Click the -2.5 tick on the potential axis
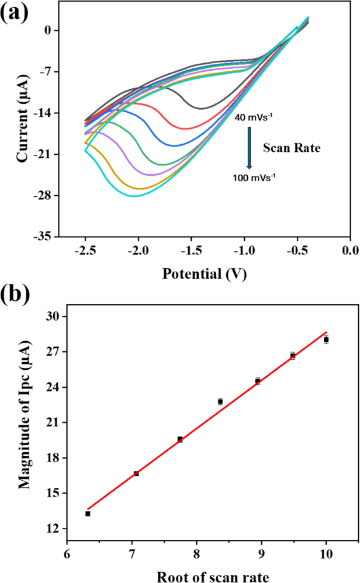(x=85, y=250)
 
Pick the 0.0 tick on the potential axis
(x=350, y=250)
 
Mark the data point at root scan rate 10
(x=327, y=339)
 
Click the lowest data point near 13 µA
(x=88, y=513)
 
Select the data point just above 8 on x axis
(x=220, y=401)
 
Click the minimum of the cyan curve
(x=134, y=196)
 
